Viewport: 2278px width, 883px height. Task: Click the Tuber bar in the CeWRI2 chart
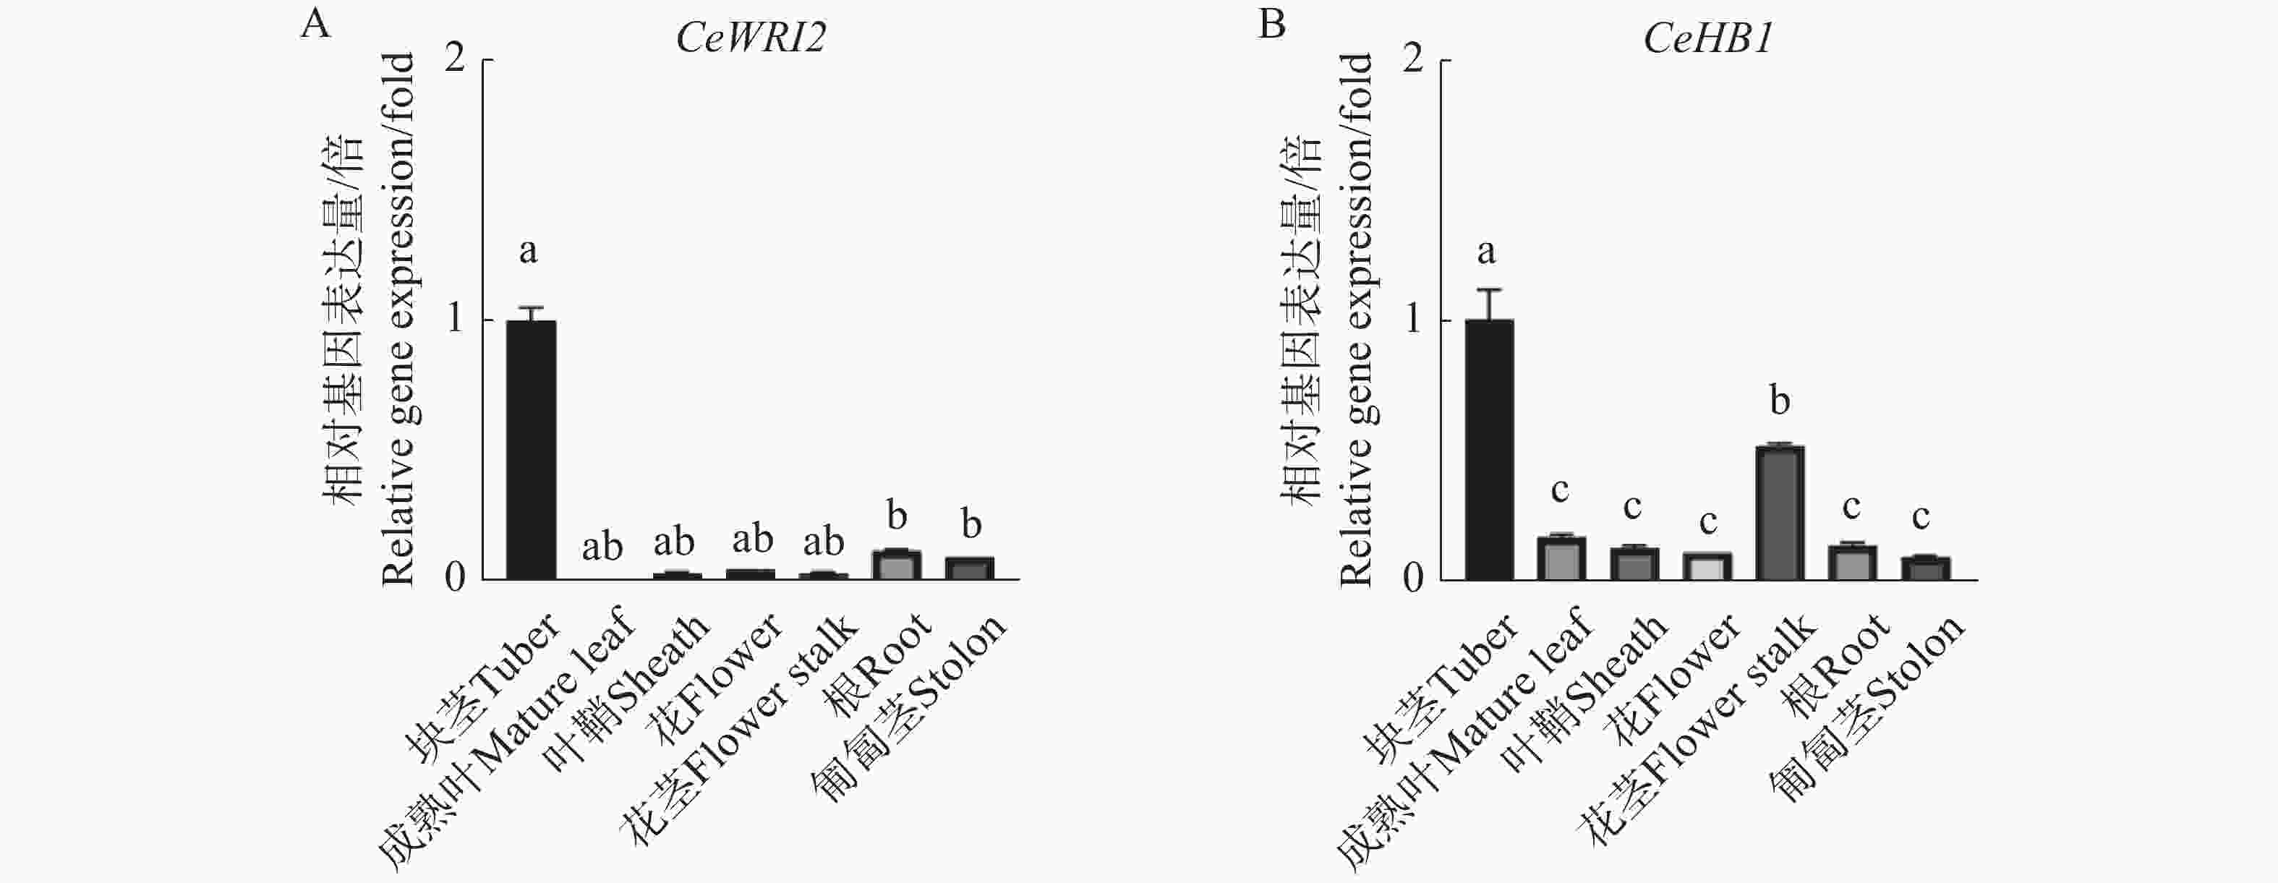pos(531,450)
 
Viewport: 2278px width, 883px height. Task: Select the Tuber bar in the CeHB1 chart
pos(1489,450)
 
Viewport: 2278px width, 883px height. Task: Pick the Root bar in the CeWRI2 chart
pos(897,566)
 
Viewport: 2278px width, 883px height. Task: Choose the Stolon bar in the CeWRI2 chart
pos(970,568)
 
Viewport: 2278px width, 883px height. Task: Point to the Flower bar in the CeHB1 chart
pos(1707,566)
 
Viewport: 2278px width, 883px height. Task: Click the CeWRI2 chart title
pos(750,39)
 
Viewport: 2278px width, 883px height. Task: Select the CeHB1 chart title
pos(1707,39)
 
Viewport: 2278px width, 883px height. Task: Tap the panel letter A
pos(316,24)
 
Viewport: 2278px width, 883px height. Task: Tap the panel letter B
pos(1271,24)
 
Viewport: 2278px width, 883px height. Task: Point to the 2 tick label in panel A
pos(455,60)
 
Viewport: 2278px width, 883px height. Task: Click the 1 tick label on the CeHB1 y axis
pos(1412,319)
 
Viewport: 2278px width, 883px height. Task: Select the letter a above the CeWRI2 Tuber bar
pos(528,252)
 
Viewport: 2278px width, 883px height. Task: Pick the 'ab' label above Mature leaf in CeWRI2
pos(602,547)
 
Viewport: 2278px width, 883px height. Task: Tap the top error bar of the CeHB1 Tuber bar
pos(1489,291)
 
